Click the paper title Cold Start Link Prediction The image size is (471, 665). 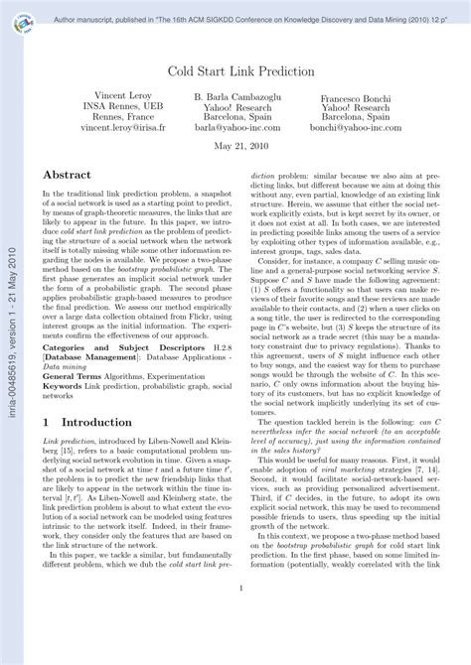[x=240, y=71]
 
